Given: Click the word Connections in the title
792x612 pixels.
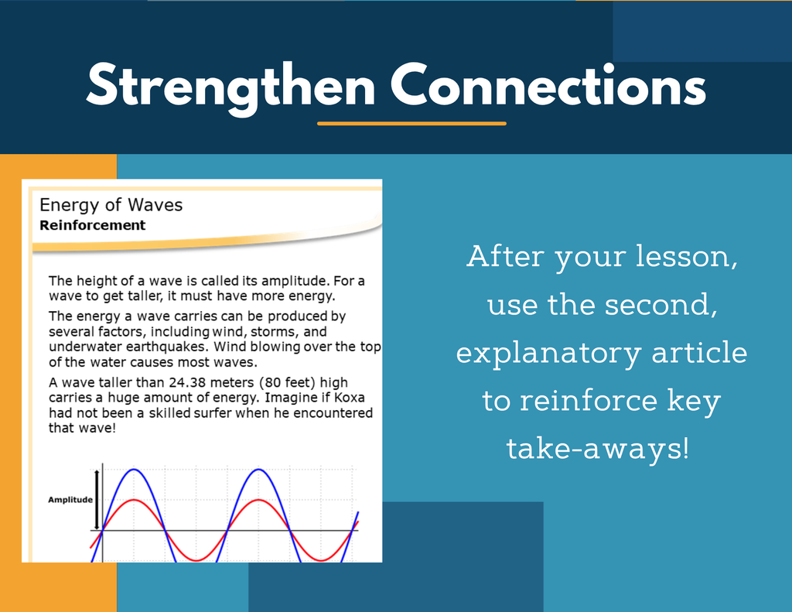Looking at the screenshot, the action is pyautogui.click(x=548, y=84).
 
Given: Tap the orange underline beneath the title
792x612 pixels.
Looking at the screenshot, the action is pyautogui.click(x=411, y=123).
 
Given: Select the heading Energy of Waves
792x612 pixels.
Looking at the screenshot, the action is pyautogui.click(x=111, y=205).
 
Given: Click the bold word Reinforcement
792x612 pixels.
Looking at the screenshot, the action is pyautogui.click(x=93, y=225).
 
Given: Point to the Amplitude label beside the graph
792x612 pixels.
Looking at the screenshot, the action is pyautogui.click(x=70, y=500).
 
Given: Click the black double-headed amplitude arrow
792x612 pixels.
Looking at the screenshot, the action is pyautogui.click(x=97, y=499).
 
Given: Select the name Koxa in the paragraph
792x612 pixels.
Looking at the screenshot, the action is pyautogui.click(x=350, y=398).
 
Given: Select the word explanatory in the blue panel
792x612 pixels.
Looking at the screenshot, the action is pyautogui.click(x=548, y=354).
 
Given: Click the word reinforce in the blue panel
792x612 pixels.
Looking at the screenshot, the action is pyautogui.click(x=589, y=400).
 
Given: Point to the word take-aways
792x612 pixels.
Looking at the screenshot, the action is pyautogui.click(x=598, y=449).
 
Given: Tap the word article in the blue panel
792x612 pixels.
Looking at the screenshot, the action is pyautogui.click(x=699, y=352).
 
